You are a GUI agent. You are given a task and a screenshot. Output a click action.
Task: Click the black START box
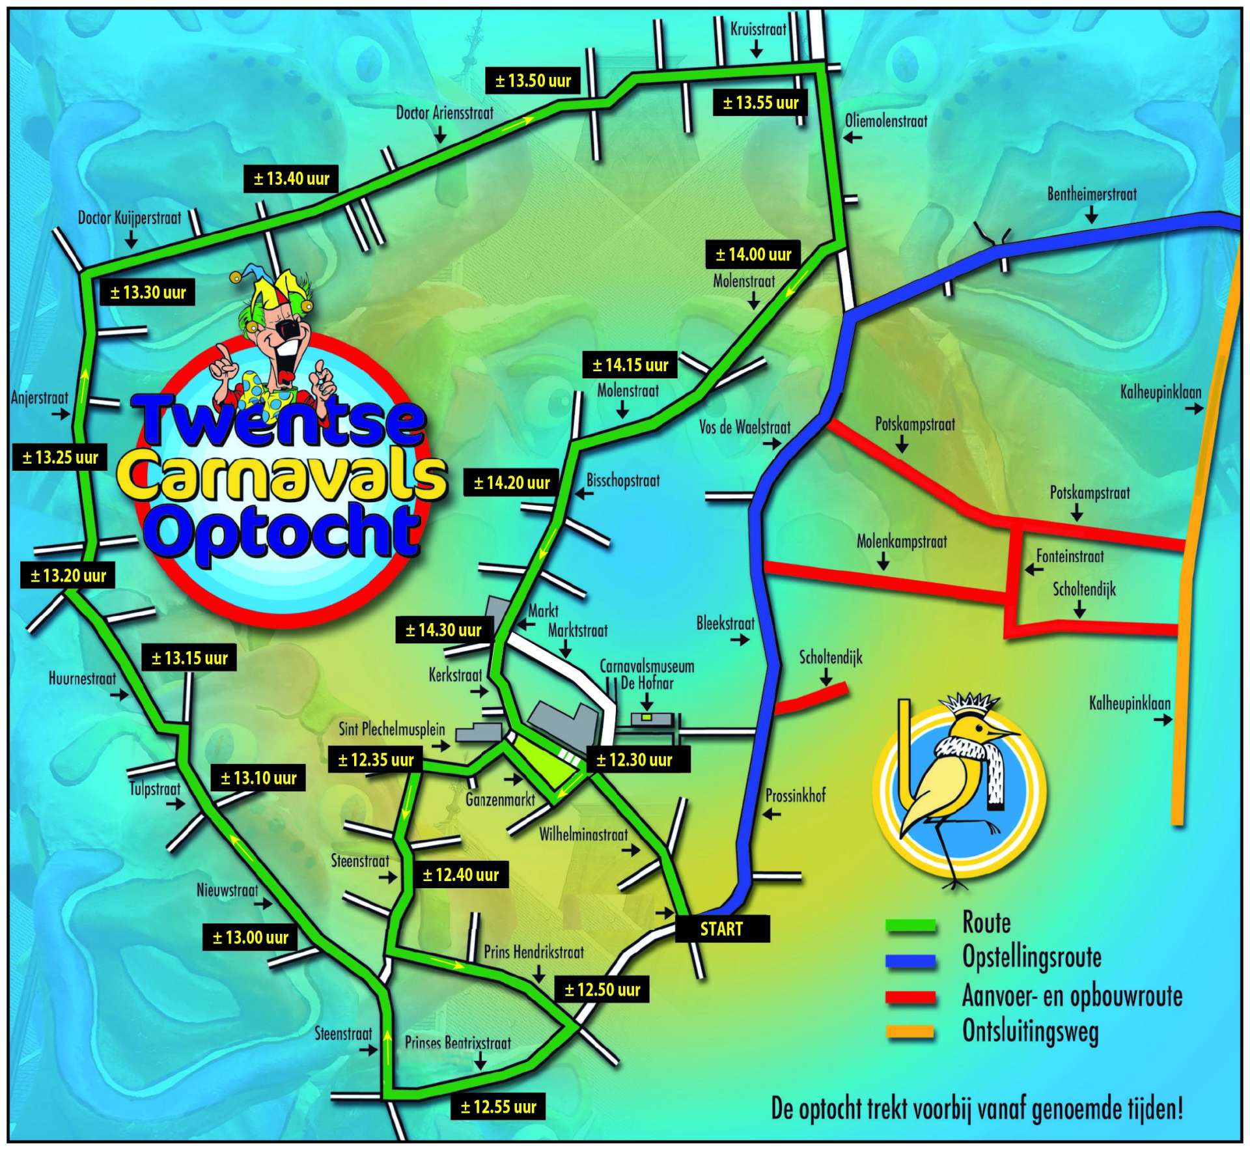(x=721, y=929)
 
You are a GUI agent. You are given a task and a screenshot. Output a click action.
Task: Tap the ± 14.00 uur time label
(x=753, y=255)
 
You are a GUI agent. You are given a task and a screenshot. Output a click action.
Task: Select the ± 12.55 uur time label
(x=498, y=1107)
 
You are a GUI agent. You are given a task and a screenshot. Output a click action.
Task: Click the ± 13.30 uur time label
(x=148, y=292)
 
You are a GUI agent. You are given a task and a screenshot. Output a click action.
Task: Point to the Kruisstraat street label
(x=758, y=29)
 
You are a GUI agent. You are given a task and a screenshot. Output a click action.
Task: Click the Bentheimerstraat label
(x=1092, y=194)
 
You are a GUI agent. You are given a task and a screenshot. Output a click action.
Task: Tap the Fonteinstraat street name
(x=1070, y=556)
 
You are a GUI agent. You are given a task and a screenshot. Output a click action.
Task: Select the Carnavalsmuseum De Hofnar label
(x=646, y=675)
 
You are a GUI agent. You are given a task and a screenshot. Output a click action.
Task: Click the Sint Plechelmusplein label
(x=391, y=729)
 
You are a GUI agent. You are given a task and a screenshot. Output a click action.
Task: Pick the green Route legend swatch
(x=911, y=925)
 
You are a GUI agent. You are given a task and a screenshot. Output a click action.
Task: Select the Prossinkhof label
(x=795, y=795)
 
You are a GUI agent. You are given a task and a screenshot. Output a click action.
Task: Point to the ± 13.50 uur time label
(x=533, y=81)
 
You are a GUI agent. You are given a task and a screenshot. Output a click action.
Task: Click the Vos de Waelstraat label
(x=745, y=428)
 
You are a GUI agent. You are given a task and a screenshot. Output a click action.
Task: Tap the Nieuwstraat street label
(x=227, y=890)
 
